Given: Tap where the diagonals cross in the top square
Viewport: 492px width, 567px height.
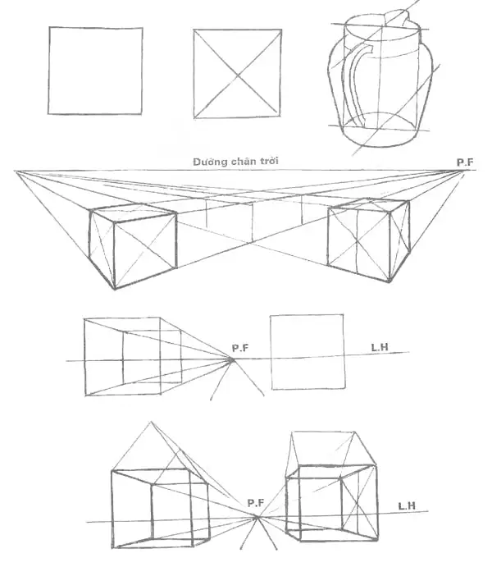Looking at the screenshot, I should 239,75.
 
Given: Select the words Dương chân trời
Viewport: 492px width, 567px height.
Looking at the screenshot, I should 236,162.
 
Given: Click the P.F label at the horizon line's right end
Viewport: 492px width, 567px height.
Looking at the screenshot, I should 465,162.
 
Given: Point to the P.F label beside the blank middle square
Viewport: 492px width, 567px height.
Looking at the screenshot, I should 239,348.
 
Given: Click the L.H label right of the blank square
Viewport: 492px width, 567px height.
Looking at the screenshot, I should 379,348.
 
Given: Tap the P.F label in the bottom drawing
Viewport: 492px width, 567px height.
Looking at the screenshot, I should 257,501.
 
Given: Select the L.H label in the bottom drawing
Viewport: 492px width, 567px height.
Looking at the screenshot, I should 407,506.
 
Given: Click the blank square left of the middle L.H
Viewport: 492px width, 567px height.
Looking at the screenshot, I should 307,352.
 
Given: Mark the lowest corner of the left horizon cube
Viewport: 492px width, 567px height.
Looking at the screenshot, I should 115,288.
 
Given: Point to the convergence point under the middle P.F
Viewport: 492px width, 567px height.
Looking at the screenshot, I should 233,359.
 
